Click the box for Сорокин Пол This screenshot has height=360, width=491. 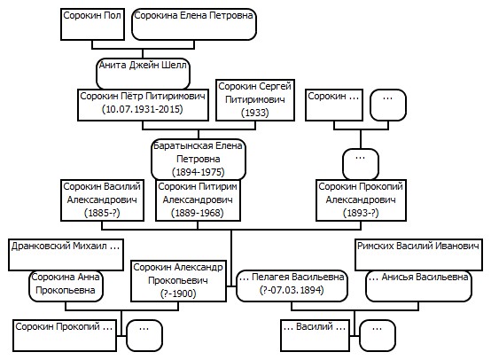[x=92, y=25]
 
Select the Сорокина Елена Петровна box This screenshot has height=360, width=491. [x=194, y=25]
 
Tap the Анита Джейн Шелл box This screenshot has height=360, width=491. [x=143, y=74]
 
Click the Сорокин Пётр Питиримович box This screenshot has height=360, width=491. [x=143, y=105]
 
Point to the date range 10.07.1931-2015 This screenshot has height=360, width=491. [x=143, y=109]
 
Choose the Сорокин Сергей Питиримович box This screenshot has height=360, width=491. [x=255, y=100]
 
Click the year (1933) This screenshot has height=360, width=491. [x=255, y=113]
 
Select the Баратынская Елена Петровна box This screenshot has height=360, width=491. [x=199, y=160]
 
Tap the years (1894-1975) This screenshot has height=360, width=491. [x=199, y=172]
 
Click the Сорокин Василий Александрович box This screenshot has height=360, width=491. [x=102, y=200]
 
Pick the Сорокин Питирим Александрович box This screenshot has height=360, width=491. [x=198, y=200]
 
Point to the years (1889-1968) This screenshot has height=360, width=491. [x=198, y=213]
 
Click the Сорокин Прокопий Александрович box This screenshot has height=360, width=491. [x=361, y=200]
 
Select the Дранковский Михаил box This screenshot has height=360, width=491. [x=66, y=254]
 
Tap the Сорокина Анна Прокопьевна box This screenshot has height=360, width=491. [x=66, y=286]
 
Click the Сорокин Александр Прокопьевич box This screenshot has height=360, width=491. [x=178, y=281]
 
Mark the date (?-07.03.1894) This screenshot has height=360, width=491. [x=292, y=290]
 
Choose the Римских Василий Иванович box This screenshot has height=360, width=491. [x=418, y=254]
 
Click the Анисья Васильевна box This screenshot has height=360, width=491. [x=418, y=286]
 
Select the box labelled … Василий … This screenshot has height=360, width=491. [x=315, y=335]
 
